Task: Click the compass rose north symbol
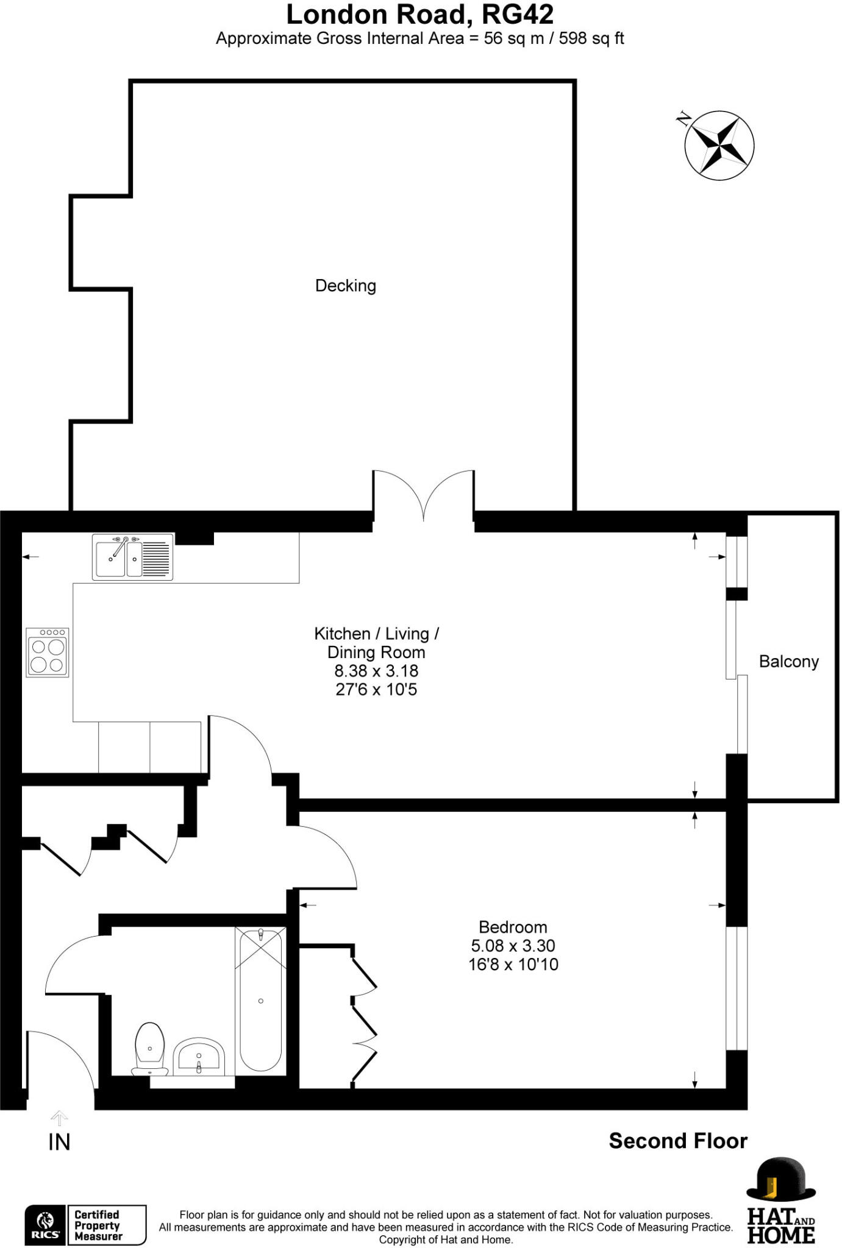[x=719, y=146]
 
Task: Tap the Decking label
[x=345, y=286]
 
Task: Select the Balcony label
[x=788, y=662]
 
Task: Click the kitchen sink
[x=132, y=557]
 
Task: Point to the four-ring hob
[x=48, y=653]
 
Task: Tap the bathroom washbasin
[x=199, y=1059]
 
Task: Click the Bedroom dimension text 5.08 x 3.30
[x=513, y=946]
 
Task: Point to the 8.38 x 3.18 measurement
[x=376, y=671]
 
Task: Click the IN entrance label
[x=59, y=1143]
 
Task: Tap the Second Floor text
[x=677, y=1141]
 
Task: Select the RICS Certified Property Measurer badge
[x=85, y=1225]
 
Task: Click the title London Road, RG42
[x=419, y=15]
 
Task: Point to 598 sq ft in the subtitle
[x=591, y=38]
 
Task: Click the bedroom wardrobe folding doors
[x=364, y=1015]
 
